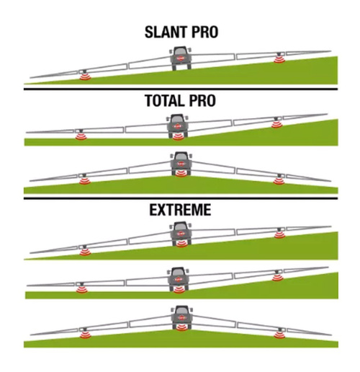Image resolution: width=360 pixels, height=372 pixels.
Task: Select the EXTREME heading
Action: tap(180, 210)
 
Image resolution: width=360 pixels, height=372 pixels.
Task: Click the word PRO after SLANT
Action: tap(204, 32)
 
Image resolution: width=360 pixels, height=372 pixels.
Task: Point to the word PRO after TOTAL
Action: tap(202, 101)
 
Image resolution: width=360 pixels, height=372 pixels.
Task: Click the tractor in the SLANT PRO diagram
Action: tap(181, 58)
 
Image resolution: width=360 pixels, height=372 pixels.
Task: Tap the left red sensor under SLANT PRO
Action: tap(85, 76)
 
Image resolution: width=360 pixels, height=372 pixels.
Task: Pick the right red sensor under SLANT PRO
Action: tap(279, 59)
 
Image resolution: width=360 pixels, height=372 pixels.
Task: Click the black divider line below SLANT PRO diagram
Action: tap(181, 89)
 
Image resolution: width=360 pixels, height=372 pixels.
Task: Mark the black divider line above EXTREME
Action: tap(181, 198)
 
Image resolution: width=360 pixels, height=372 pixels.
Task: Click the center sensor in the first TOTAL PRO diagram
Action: tap(178, 137)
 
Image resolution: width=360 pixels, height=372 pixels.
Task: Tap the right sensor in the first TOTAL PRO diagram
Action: tap(276, 125)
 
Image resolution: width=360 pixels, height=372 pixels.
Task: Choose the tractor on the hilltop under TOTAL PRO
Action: tap(181, 164)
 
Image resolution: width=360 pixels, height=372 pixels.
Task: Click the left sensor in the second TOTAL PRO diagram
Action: tap(85, 181)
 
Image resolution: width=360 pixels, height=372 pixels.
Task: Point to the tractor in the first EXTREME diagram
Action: tap(181, 234)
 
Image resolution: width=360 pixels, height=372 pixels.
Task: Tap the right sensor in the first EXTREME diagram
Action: tap(279, 235)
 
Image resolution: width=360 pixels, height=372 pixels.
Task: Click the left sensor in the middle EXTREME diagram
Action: tap(82, 290)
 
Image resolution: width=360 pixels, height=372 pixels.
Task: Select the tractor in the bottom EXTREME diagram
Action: tap(181, 317)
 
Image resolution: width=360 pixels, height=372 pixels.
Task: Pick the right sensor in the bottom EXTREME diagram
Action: tap(280, 335)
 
